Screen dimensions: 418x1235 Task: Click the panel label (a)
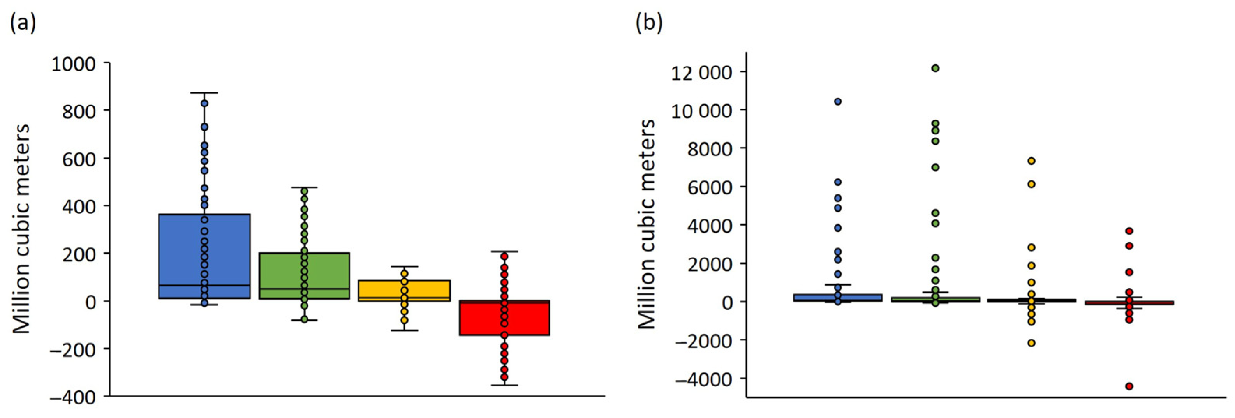pyautogui.click(x=23, y=23)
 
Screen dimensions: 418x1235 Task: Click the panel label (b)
pyautogui.click(x=649, y=23)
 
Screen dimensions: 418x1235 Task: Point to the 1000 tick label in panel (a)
pyautogui.click(x=73, y=64)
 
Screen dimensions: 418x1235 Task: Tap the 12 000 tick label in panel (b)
pyautogui.click(x=701, y=73)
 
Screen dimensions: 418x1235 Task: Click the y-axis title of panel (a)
pyautogui.click(x=21, y=229)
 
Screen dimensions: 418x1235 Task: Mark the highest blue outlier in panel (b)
pyautogui.click(x=838, y=101)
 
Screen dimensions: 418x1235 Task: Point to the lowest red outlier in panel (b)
pyautogui.click(x=1129, y=386)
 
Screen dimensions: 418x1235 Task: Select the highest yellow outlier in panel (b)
pyautogui.click(x=1031, y=160)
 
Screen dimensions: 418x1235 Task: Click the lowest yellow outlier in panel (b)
pyautogui.click(x=1031, y=343)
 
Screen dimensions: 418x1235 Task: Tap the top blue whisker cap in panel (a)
pyautogui.click(x=204, y=92)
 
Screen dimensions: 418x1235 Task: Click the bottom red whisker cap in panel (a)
pyautogui.click(x=504, y=385)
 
